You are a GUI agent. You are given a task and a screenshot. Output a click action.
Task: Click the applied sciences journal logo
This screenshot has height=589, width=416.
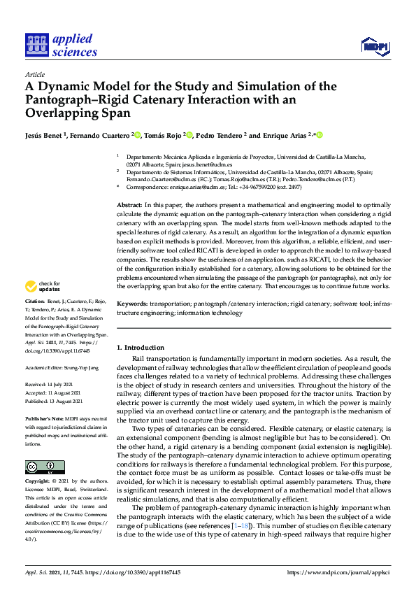point(60,44)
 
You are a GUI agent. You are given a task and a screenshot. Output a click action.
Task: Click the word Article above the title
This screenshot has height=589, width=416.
point(35,74)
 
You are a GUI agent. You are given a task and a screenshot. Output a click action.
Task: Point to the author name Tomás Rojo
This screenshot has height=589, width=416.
point(165,135)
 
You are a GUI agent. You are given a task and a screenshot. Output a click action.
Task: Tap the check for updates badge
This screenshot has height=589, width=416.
point(43,306)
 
